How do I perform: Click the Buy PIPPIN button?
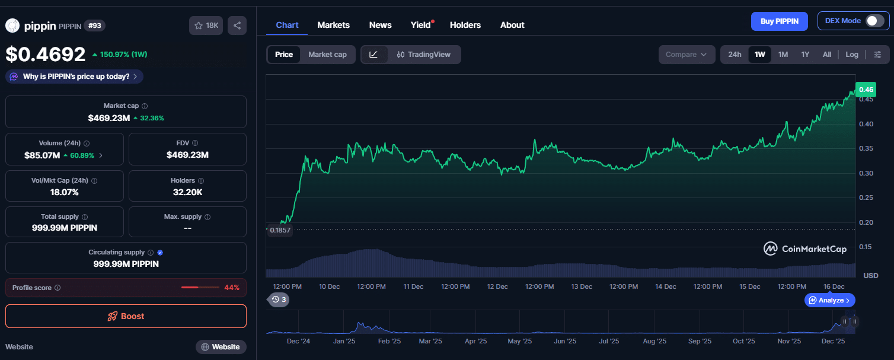(x=779, y=21)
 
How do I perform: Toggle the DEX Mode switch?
(x=874, y=21)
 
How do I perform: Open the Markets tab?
(x=333, y=25)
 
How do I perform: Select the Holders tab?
(x=465, y=25)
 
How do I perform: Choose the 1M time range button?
(x=783, y=55)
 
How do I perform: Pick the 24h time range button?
(x=735, y=55)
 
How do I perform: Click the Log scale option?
(x=851, y=55)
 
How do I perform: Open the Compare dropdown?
(x=686, y=55)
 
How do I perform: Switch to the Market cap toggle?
(x=327, y=55)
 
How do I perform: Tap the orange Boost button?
(x=126, y=316)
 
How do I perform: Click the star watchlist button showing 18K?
(x=206, y=26)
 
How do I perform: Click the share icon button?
(x=237, y=26)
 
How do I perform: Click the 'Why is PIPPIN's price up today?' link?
(x=75, y=77)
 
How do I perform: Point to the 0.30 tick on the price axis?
(x=866, y=173)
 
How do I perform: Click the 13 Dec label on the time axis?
(x=582, y=286)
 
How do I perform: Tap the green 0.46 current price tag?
(x=866, y=90)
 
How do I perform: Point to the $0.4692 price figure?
(x=46, y=55)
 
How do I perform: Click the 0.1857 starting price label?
(x=280, y=230)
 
